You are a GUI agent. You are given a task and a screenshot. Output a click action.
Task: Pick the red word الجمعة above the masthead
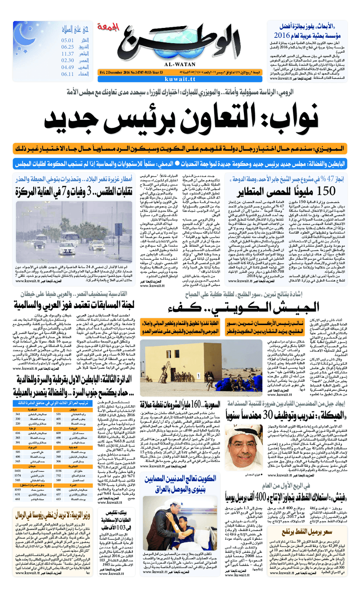(x=117, y=15)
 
